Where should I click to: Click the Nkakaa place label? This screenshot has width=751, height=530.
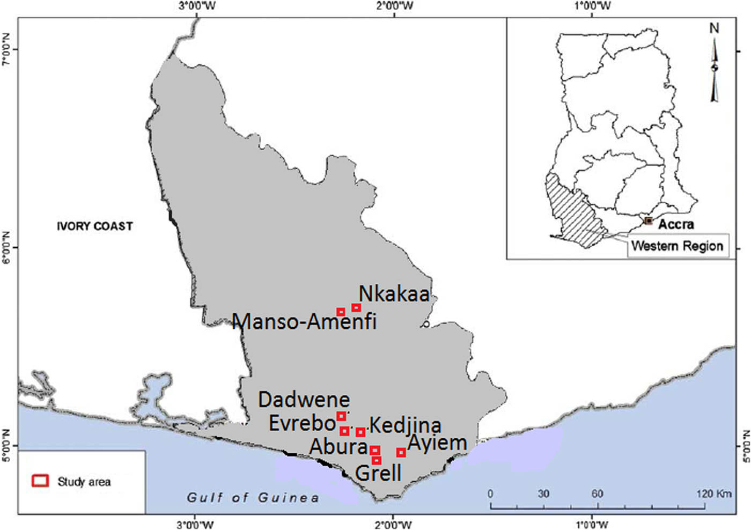[394, 293]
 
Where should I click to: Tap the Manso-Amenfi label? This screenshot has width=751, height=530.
[305, 321]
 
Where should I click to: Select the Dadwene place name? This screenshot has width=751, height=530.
[304, 400]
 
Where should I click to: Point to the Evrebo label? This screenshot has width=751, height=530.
[302, 423]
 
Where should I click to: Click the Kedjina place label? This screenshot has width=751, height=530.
[406, 425]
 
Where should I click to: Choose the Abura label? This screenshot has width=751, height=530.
[338, 446]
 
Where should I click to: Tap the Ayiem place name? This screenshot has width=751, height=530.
[437, 444]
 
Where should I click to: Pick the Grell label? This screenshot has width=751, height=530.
[378, 473]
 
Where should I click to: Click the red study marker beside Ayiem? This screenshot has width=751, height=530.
[401, 453]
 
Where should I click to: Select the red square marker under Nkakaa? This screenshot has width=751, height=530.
[356, 307]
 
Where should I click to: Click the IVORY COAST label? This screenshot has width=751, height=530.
[95, 226]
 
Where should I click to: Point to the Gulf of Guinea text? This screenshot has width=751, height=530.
[253, 498]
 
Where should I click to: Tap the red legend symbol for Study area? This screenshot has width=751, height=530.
[41, 481]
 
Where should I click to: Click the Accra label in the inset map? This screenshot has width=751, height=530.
[676, 224]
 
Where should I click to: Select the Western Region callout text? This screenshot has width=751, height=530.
[677, 246]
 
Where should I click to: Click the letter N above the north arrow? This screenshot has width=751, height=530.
[713, 28]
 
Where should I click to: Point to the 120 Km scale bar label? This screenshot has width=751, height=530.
[714, 494]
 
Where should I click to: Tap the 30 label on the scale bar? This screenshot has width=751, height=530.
[543, 494]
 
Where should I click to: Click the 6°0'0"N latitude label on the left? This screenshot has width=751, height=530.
[6, 247]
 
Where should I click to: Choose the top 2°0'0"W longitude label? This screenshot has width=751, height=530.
[395, 6]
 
